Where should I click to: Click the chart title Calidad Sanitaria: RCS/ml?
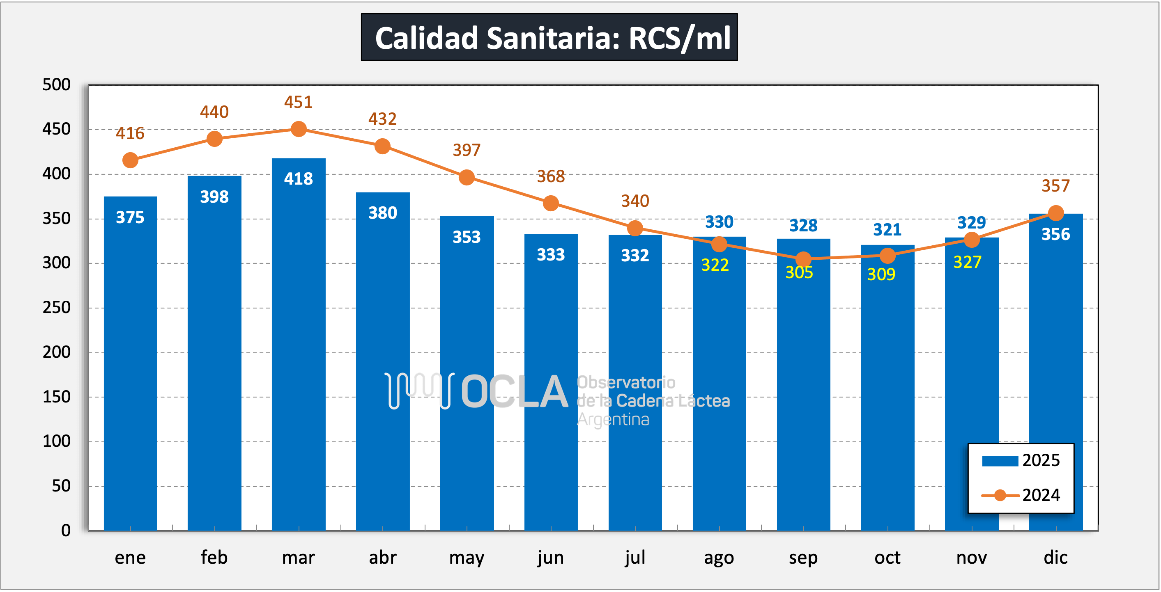coord(549,37)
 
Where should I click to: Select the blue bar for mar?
coord(299,342)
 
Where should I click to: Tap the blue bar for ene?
coord(130,360)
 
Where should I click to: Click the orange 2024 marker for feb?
coord(214,139)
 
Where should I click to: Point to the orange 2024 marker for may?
coord(467,177)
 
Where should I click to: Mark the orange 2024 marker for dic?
coord(1056,213)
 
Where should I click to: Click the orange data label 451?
coord(299,102)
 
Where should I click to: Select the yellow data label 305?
coord(799,272)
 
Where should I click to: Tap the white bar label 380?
coord(383,213)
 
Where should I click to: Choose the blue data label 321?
coord(887,230)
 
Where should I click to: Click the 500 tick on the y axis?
coord(57,85)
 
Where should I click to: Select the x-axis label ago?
coord(719,558)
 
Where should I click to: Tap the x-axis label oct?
coord(887,558)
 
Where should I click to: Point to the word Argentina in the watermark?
coord(613,420)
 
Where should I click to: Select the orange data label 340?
coord(635,201)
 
